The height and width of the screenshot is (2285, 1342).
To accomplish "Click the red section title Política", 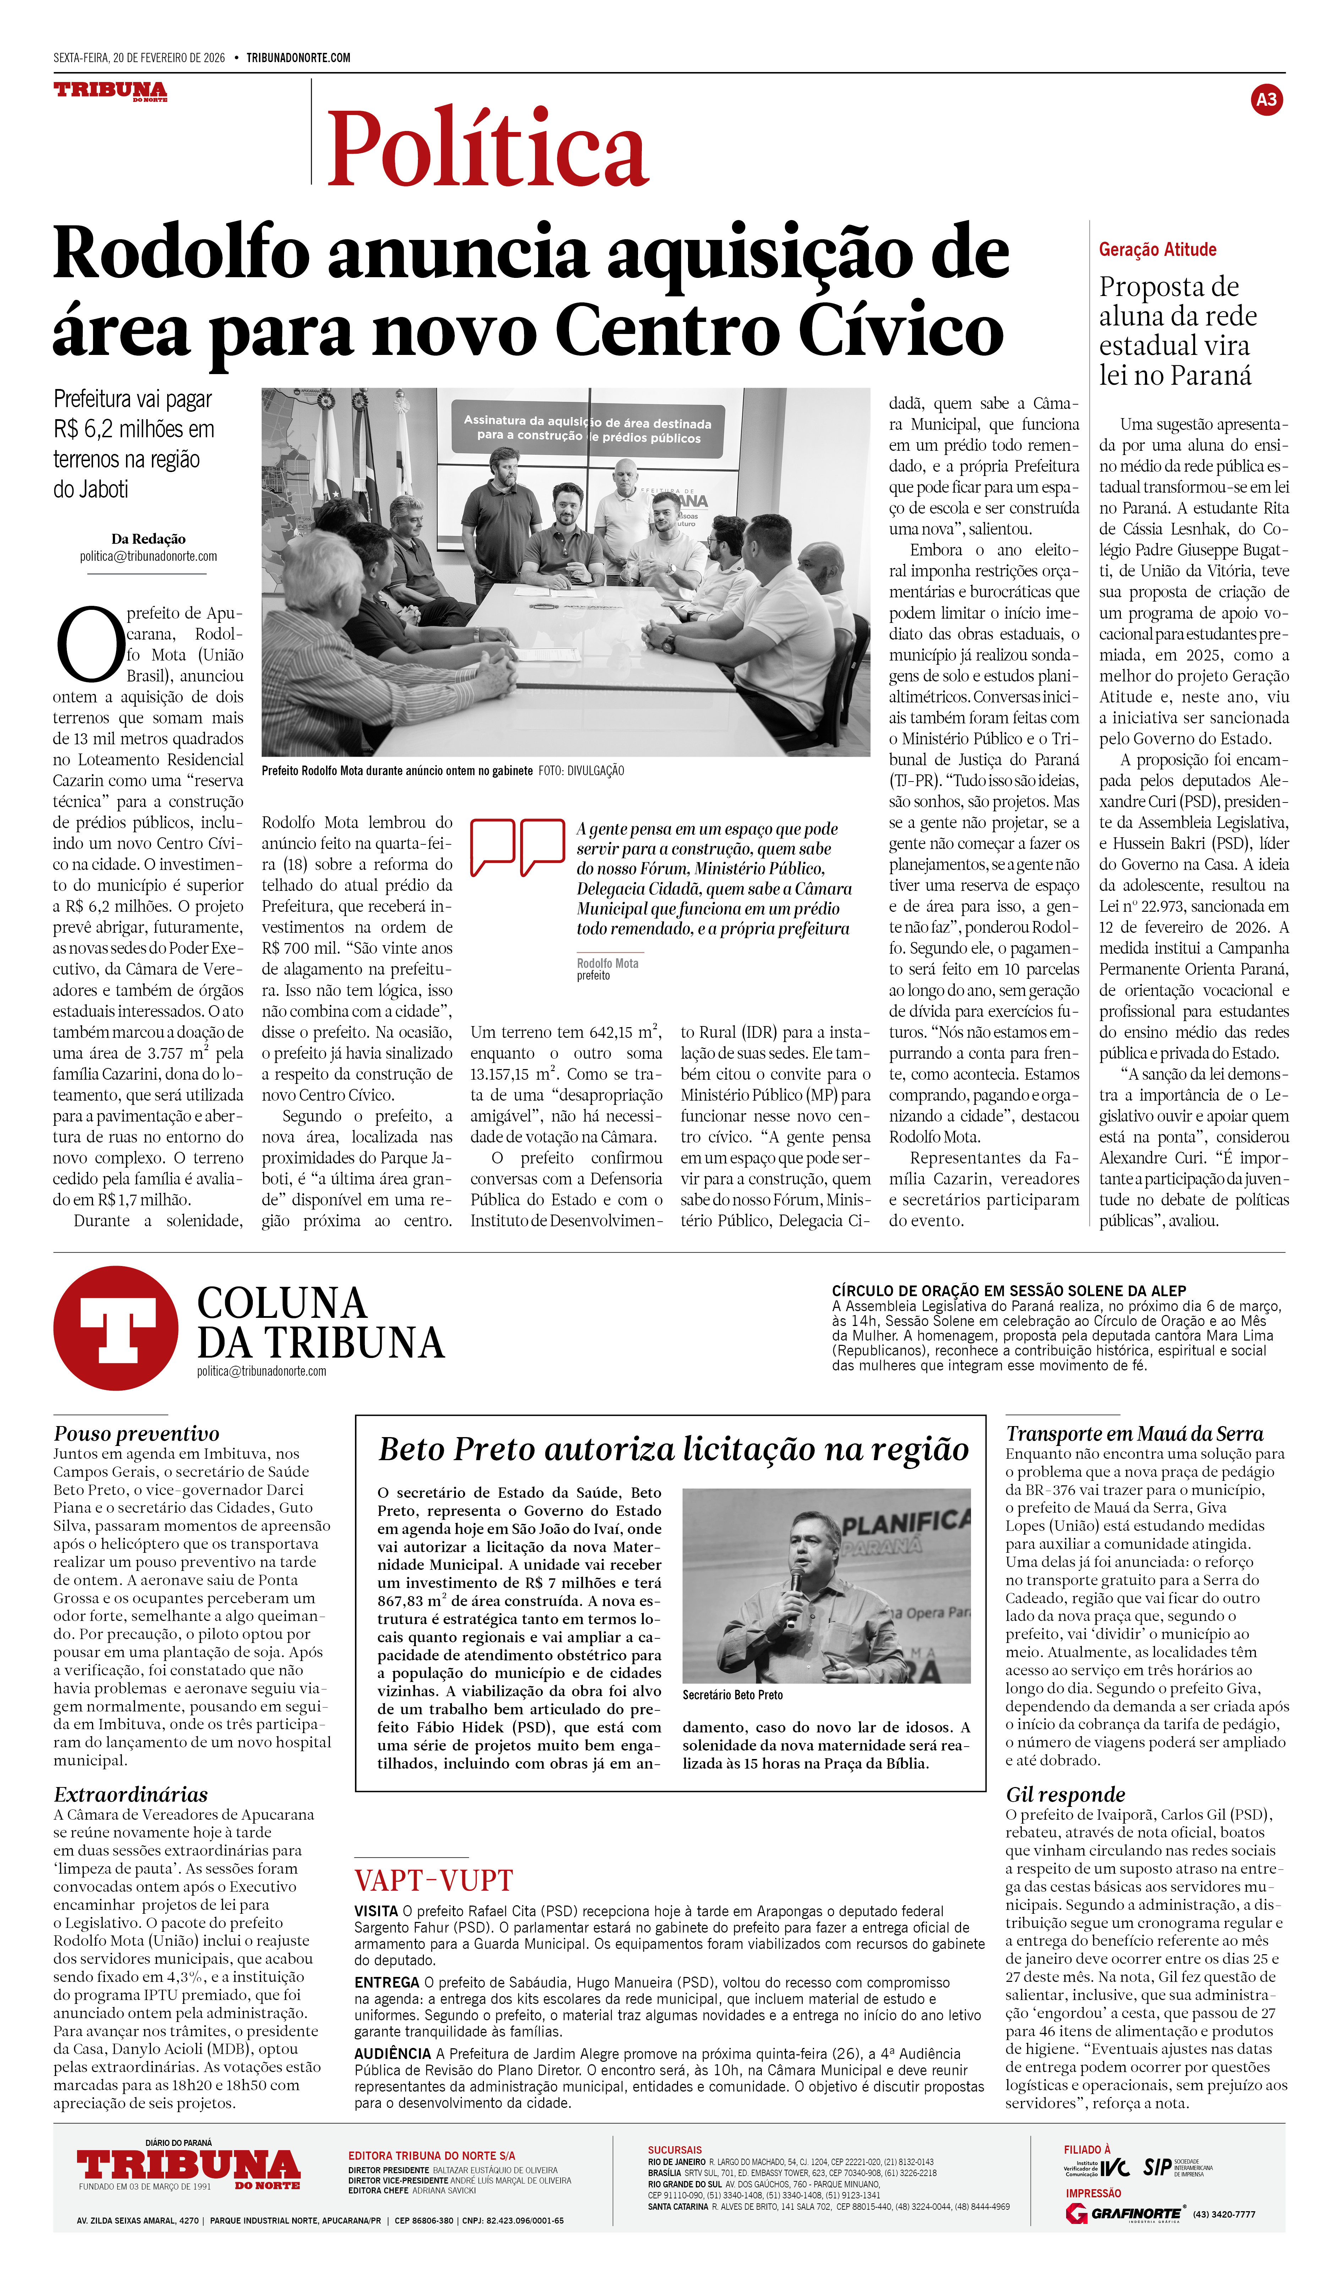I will point(487,148).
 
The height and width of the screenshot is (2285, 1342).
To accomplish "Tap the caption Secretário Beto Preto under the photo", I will point(733,1695).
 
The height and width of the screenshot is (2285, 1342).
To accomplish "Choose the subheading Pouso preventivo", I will point(136,1434).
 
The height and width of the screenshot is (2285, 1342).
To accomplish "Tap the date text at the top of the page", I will point(139,58).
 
